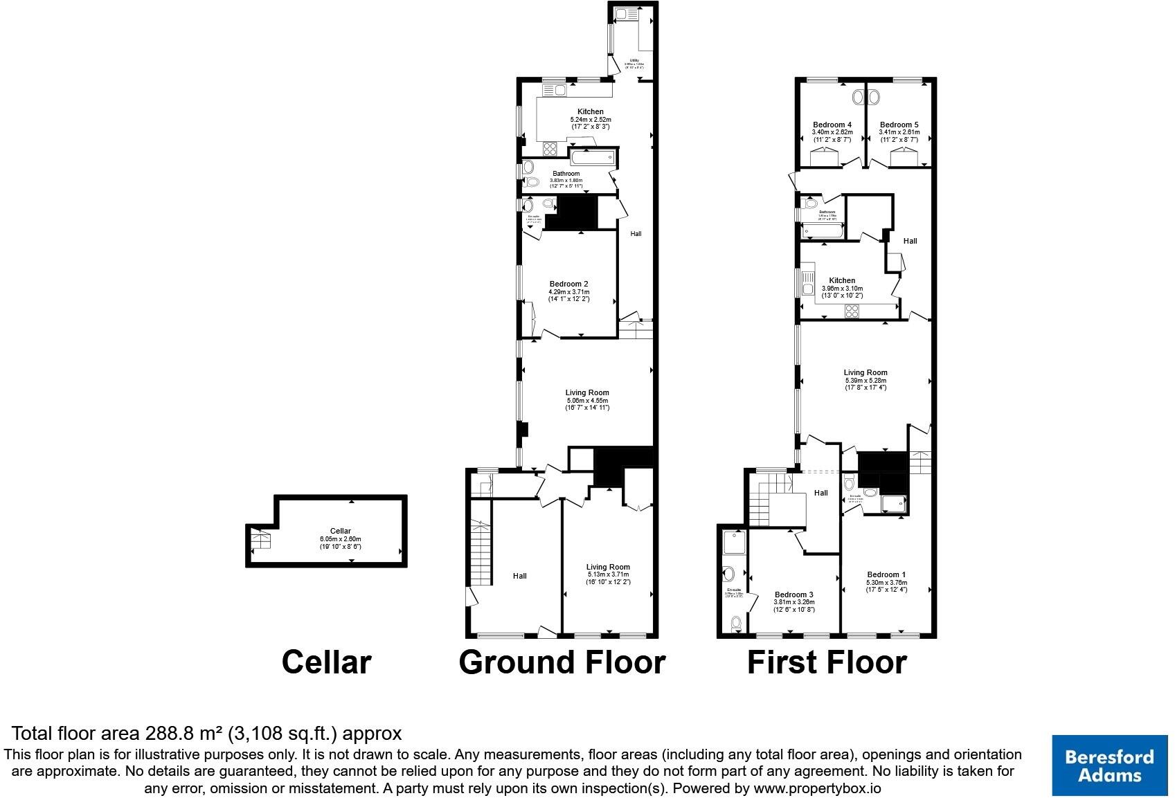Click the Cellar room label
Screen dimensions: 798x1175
[340, 531]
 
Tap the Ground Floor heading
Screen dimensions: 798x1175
[562, 662]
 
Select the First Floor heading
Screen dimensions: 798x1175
[826, 662]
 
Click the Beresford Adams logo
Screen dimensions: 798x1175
[1109, 765]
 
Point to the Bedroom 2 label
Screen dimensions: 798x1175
[568, 284]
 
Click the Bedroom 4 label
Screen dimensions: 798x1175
[832, 125]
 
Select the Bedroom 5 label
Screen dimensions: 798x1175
[899, 125]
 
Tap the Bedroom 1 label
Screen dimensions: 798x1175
[886, 574]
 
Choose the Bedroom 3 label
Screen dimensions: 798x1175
[793, 595]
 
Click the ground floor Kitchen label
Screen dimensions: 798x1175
[590, 111]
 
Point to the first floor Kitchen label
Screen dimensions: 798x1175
[842, 280]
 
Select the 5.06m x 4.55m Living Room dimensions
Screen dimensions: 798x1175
[586, 401]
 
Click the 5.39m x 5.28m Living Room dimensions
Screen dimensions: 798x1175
[865, 381]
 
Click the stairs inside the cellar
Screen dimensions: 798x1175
[261, 539]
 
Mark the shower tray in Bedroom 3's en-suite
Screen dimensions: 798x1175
[733, 542]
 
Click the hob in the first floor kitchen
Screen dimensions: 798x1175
[852, 311]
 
